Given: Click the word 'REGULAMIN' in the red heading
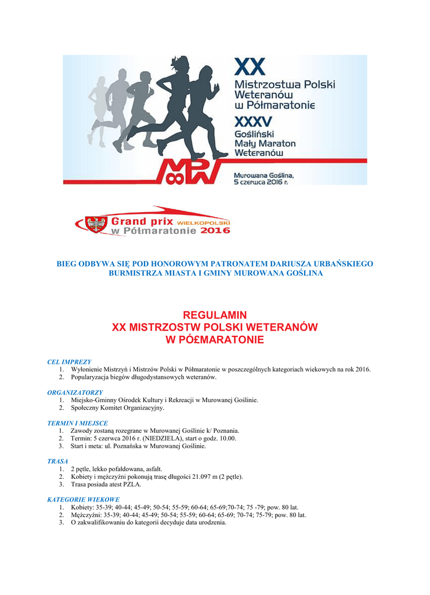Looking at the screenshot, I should coord(215,315).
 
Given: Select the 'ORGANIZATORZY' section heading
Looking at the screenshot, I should coord(75,393).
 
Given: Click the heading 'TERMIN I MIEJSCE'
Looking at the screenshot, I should coord(77,423).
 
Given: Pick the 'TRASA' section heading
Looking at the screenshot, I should coord(57,461).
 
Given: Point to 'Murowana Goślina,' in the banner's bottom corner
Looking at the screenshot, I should coord(263,174).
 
